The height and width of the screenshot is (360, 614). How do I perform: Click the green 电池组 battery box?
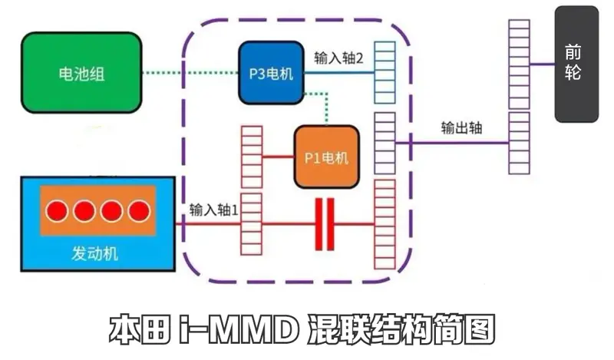click(x=81, y=73)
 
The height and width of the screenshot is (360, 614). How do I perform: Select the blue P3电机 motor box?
click(x=272, y=73)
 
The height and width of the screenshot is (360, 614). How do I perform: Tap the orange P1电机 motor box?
click(x=327, y=157)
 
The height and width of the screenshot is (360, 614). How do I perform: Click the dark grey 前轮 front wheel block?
click(x=576, y=64)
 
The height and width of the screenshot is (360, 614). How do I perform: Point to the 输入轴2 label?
click(x=338, y=58)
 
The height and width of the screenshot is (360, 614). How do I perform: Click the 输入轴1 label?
click(x=214, y=210)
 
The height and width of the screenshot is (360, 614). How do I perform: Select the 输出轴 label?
click(x=461, y=127)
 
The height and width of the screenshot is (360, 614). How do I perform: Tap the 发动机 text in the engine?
click(x=94, y=253)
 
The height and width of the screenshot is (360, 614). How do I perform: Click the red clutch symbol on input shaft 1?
click(x=325, y=224)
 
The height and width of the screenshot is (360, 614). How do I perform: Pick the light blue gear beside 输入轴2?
click(x=385, y=72)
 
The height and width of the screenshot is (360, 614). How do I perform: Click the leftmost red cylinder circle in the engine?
click(x=57, y=211)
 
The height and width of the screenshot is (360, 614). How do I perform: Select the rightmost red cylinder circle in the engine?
click(x=139, y=211)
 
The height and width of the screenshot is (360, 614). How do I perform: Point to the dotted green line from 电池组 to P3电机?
click(x=190, y=73)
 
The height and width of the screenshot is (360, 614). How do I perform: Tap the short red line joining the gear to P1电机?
click(x=278, y=157)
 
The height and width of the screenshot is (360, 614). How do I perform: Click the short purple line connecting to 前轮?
click(x=543, y=64)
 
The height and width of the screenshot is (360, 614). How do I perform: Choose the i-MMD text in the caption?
click(x=238, y=330)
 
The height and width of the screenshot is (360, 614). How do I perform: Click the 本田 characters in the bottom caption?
click(x=140, y=330)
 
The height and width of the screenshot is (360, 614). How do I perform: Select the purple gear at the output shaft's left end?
click(x=385, y=143)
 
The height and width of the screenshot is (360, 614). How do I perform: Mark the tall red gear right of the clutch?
click(x=385, y=224)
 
